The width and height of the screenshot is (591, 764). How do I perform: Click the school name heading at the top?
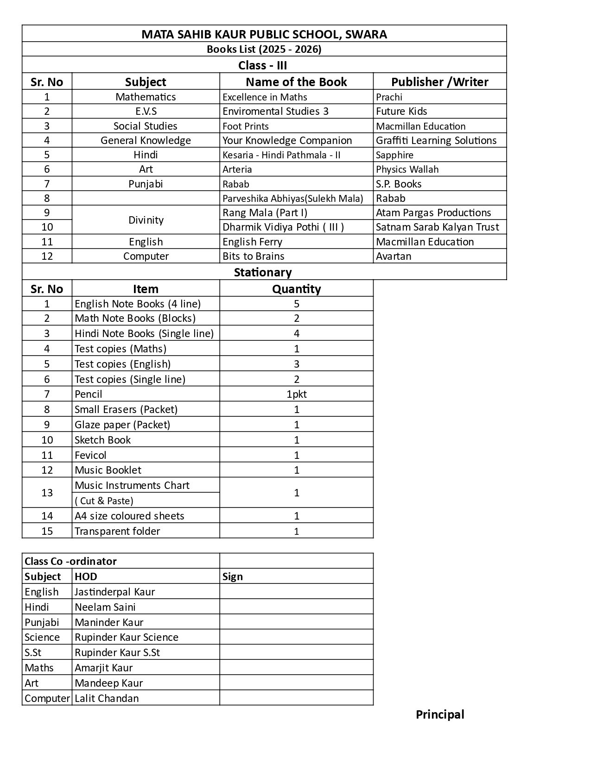tap(264, 34)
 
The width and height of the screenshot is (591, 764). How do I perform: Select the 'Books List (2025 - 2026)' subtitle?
tap(264, 49)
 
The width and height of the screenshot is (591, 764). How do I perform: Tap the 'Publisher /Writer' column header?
tap(439, 82)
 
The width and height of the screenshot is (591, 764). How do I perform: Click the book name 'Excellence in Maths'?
tap(265, 97)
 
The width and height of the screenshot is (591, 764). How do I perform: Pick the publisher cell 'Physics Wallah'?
tap(407, 169)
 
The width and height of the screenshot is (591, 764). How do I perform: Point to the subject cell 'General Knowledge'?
tap(146, 140)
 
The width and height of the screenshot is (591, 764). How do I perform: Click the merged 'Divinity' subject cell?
tap(146, 220)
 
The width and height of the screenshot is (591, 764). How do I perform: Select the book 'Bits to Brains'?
tap(253, 256)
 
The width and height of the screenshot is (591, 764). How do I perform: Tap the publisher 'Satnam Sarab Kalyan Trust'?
tap(437, 227)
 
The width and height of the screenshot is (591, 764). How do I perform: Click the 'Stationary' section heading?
tap(263, 272)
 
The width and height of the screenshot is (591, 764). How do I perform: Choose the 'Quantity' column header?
tap(296, 289)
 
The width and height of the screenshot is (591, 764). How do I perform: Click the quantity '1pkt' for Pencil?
tap(296, 394)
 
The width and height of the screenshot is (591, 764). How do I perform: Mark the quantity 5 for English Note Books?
tap(296, 304)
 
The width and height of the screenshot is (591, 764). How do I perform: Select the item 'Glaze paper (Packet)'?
tap(122, 425)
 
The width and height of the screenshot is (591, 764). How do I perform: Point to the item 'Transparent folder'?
tap(117, 531)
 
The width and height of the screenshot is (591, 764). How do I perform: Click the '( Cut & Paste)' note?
tap(104, 501)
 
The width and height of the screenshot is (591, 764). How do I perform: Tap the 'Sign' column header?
tap(233, 576)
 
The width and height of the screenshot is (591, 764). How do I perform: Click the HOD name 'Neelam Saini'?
tap(105, 607)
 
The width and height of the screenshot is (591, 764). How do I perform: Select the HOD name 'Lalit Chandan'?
tap(107, 698)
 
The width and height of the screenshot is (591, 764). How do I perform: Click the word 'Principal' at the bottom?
tap(440, 714)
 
